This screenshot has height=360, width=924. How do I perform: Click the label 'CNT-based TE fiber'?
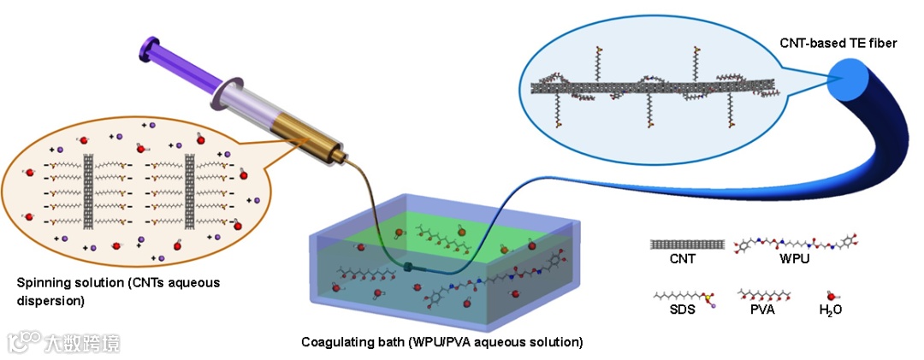pyautogui.click(x=839, y=43)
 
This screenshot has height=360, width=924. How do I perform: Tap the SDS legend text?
pyautogui.click(x=684, y=310)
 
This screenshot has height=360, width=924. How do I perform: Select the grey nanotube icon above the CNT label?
pyautogui.click(x=687, y=244)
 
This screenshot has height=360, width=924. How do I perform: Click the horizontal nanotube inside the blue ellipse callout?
pyautogui.click(x=650, y=85)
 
